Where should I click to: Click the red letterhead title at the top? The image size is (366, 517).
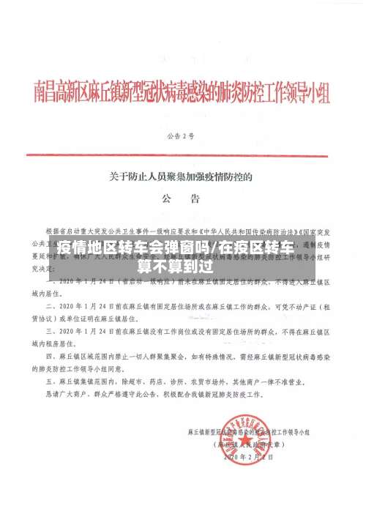tap(183, 93)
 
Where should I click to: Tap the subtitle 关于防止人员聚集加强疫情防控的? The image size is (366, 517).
tap(181, 175)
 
